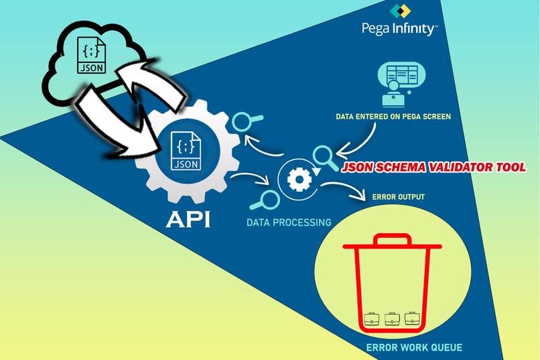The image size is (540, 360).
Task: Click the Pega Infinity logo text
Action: [399, 29]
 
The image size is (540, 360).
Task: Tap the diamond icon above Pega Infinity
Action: [401, 11]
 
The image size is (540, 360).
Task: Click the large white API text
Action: [188, 219]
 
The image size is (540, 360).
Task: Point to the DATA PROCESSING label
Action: [289, 222]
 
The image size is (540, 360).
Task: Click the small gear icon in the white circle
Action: [297, 180]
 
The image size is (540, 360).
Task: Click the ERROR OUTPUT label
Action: [398, 196]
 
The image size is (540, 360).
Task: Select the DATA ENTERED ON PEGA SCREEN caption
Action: [393, 117]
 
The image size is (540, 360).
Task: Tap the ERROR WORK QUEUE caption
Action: [414, 347]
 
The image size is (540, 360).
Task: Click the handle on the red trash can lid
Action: [392, 239]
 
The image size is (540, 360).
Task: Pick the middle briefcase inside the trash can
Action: [393, 319]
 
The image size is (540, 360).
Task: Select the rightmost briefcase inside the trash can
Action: [413, 319]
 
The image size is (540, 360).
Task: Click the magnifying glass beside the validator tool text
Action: [324, 156]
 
